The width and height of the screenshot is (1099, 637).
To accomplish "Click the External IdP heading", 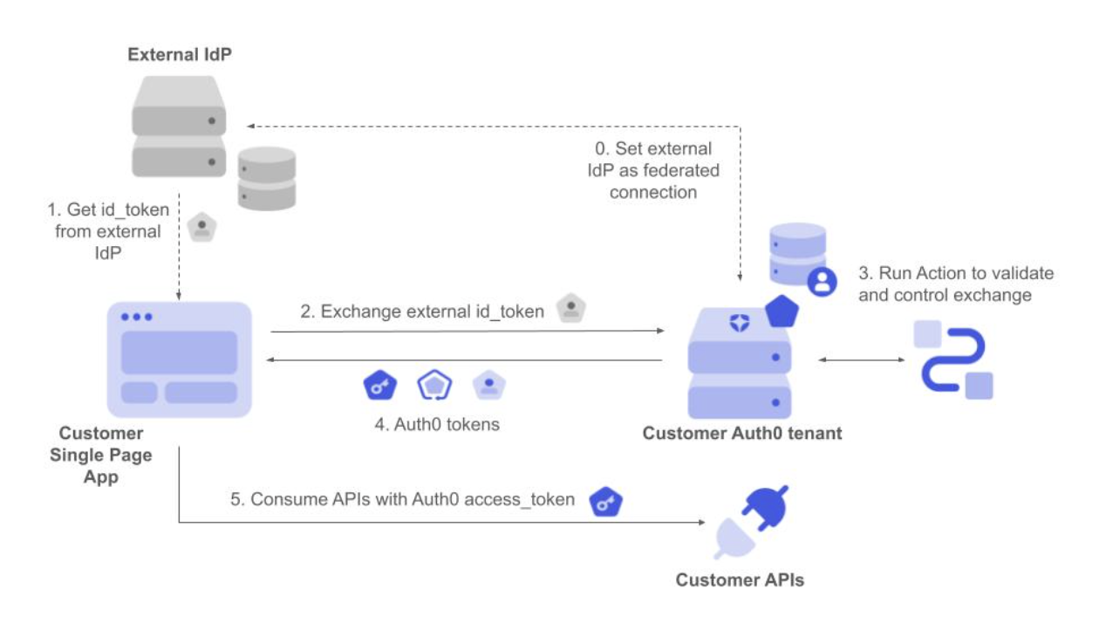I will pyautogui.click(x=179, y=55).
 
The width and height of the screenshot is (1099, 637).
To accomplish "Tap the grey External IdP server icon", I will pyautogui.click(x=179, y=127).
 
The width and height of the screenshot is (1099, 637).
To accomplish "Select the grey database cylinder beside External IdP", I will pyautogui.click(x=268, y=178).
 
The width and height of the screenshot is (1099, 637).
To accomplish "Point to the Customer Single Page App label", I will pyautogui.click(x=101, y=455).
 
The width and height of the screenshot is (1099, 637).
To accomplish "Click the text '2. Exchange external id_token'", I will pyautogui.click(x=422, y=312).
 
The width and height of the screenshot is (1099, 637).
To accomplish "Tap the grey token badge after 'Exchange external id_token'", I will pyautogui.click(x=571, y=308).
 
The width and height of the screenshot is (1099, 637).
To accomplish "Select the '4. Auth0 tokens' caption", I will pyautogui.click(x=437, y=425).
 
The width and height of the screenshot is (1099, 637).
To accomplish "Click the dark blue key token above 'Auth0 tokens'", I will pyautogui.click(x=379, y=386).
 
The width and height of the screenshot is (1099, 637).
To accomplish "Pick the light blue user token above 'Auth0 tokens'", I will pyautogui.click(x=489, y=386).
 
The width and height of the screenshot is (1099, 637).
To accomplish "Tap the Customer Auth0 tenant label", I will pyautogui.click(x=742, y=433).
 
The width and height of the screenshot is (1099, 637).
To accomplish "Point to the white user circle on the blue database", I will pyautogui.click(x=822, y=281).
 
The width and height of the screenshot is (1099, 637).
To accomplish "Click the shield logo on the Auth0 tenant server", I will pyautogui.click(x=740, y=323).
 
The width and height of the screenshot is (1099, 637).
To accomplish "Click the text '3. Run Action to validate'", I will pyautogui.click(x=956, y=273).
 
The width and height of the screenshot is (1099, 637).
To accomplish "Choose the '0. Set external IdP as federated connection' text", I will pyautogui.click(x=652, y=170).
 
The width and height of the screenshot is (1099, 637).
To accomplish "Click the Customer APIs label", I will pyautogui.click(x=740, y=579).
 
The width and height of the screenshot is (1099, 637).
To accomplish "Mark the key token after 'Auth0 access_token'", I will pyautogui.click(x=605, y=501).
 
